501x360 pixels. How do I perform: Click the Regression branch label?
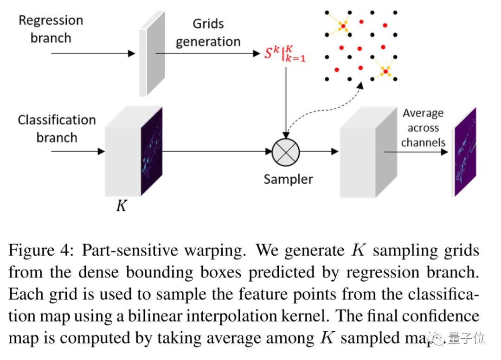[51, 29]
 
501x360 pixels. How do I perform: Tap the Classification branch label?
[57, 129]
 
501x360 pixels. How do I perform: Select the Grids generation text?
[208, 32]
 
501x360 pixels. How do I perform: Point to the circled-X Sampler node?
[286, 152]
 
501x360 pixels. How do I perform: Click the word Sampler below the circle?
[288, 179]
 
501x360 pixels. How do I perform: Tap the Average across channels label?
[423, 128]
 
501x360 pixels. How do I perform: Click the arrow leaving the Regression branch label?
[93, 54]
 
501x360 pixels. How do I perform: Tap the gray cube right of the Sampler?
[362, 155]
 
